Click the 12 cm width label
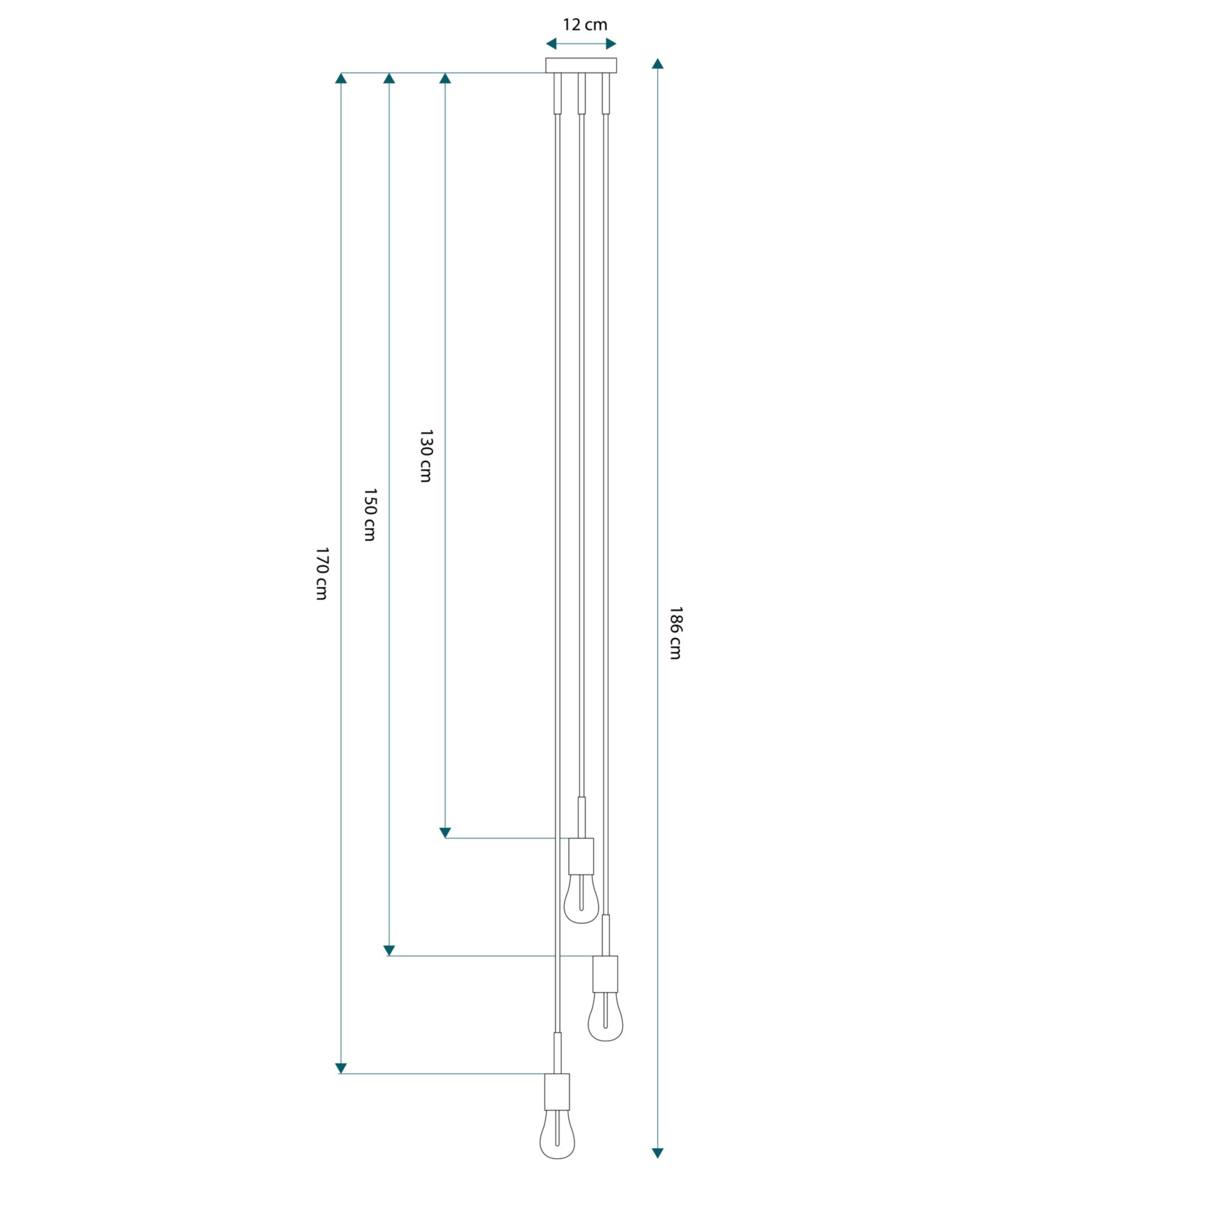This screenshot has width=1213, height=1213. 585,25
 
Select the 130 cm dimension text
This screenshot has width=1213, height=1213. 426,456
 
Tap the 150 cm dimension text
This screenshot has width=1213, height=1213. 370,515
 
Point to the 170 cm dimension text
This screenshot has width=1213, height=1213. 321,574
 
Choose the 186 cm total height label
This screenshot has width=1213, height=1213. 675,633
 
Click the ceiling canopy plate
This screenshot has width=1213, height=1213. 581,66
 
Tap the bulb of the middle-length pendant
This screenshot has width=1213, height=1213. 605,1017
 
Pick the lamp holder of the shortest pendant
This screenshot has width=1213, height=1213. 581,856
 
